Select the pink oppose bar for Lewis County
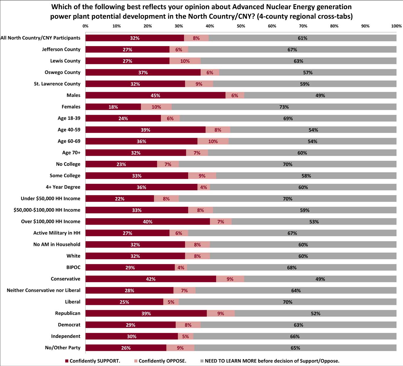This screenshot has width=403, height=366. coord(185,61)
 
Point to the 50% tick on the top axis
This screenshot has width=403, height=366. coord(241,26)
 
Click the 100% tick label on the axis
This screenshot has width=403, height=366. coord(396,26)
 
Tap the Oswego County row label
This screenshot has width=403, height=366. coord(62,72)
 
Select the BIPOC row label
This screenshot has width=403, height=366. coord(73,267)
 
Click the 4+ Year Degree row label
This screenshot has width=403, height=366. coord(63,187)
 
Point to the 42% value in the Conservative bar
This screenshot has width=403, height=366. coord(151,279)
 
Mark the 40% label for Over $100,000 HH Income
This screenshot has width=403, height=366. coord(148,222)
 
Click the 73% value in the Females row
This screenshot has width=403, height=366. coord(284,107)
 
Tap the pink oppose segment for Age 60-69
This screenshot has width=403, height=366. coord(213,141)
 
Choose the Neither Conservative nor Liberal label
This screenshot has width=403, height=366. coord(43,290)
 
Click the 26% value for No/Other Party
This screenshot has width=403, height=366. coord(126,348)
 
